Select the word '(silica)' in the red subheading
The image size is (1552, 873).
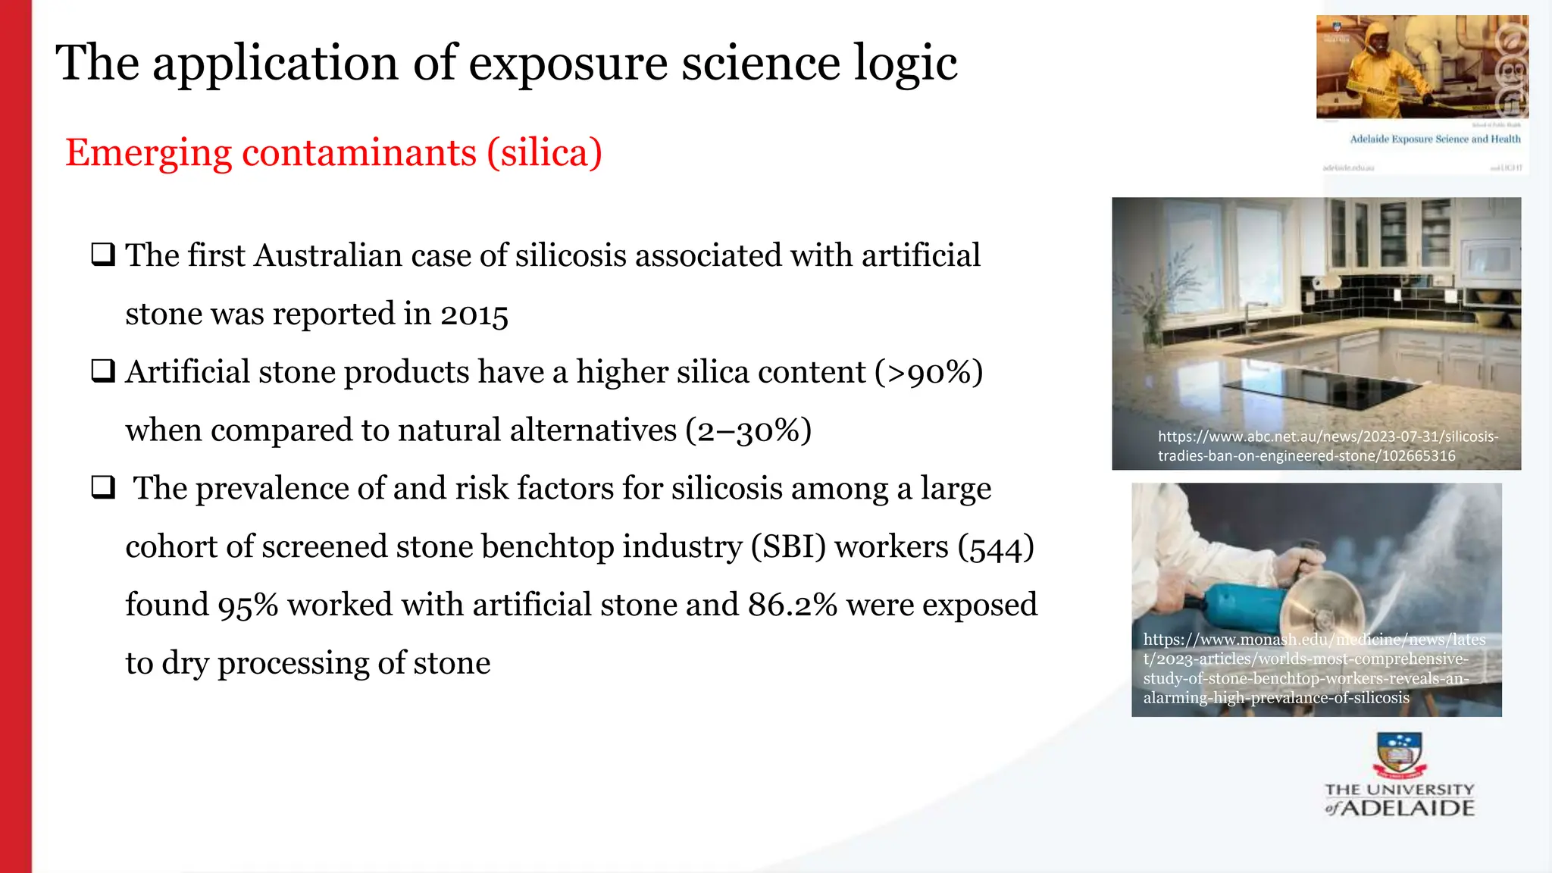coord(544,153)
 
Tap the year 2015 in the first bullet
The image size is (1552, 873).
coord(474,314)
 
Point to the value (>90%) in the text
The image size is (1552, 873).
coord(928,373)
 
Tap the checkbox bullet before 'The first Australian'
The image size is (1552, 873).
coord(103,254)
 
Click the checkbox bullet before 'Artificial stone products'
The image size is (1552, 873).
coord(103,371)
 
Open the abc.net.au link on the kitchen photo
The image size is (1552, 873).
coord(1327,446)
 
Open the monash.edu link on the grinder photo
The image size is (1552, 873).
coord(1313,668)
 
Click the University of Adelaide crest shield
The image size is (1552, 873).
coord(1399,753)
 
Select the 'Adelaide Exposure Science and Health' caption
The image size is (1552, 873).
coord(1435,139)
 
